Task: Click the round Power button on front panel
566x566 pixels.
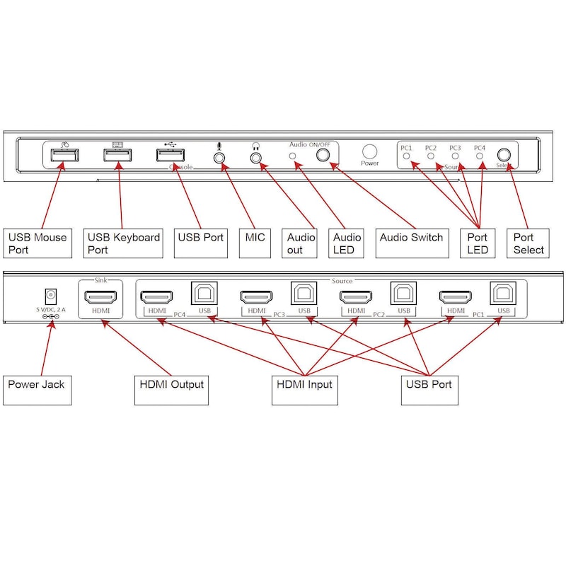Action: [369, 151]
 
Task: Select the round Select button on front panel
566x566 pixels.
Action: [503, 154]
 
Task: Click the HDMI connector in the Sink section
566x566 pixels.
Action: [100, 298]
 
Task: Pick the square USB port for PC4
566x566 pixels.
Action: [204, 294]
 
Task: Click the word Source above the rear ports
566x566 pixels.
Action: [342, 281]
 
